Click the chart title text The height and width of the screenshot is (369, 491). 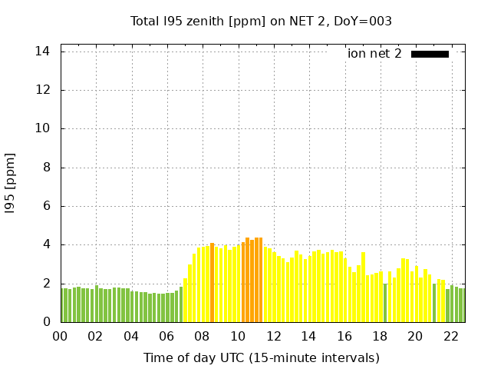261,21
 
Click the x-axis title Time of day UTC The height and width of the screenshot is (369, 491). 261,357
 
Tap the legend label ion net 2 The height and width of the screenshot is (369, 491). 374,54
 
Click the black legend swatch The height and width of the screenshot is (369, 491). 430,54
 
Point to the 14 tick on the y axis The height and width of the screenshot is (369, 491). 43,52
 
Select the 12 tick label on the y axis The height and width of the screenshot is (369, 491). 43,90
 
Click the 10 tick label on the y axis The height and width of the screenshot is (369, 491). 43,128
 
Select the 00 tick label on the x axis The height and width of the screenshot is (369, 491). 61,336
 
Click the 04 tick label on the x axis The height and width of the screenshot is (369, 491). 131,336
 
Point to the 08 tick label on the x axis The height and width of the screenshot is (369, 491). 203,336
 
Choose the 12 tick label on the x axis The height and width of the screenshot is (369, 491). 273,336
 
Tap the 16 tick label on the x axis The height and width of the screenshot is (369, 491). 344,336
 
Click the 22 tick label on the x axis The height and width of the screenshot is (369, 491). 451,336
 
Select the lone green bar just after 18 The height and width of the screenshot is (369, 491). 385,303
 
